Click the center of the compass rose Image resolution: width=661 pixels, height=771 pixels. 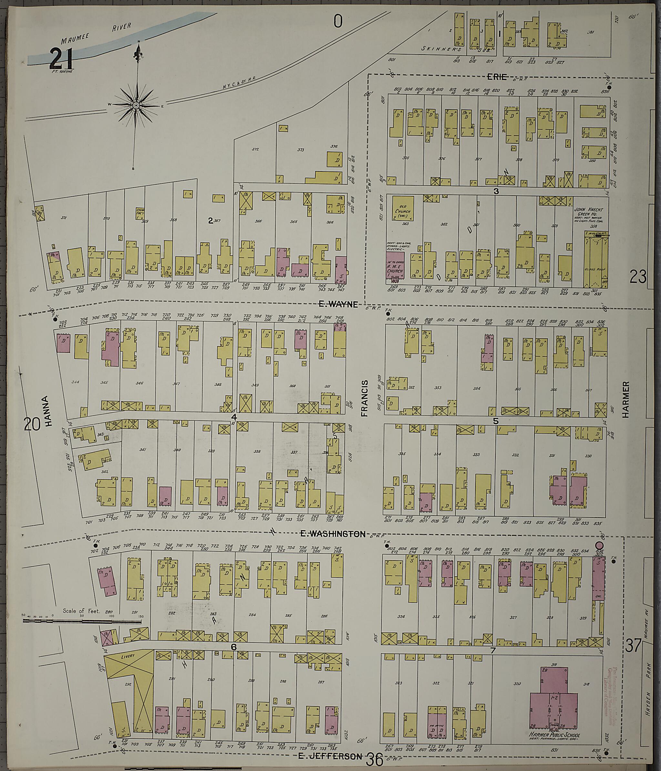(136, 106)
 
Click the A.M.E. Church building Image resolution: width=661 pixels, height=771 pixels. (395, 266)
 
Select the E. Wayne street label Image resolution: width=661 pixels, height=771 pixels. (338, 305)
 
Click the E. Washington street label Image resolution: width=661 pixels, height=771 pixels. (332, 534)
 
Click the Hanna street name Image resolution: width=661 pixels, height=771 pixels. (46, 411)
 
